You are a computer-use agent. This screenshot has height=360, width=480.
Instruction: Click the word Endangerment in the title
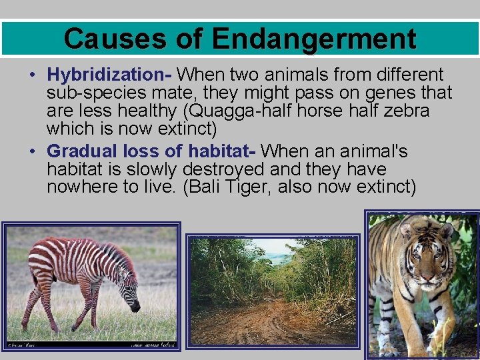click(x=314, y=39)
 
